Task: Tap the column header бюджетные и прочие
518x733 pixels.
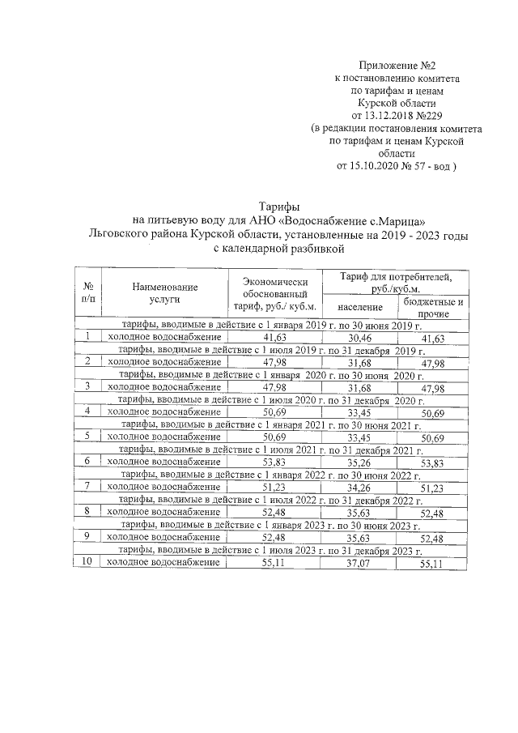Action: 433,307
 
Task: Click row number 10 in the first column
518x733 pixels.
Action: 87,561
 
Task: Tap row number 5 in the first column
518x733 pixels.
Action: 87,436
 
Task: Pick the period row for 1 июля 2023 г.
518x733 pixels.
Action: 271,550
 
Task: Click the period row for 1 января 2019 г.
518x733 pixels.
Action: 271,324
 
